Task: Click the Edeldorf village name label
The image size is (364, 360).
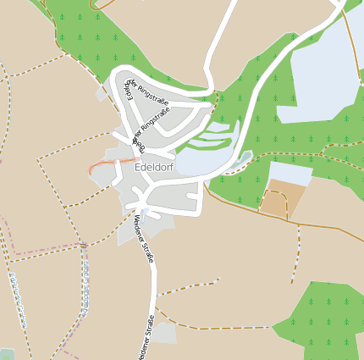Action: pos(156,169)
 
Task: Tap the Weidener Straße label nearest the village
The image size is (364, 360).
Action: pos(143,239)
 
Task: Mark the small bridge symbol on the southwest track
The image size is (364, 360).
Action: pos(84,246)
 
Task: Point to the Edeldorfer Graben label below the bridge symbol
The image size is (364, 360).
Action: pos(85,284)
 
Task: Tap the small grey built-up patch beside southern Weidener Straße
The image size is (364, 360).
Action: pos(165,334)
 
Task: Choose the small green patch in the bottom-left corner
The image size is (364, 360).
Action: pos(6,354)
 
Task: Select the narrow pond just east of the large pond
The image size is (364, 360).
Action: pos(243,158)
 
